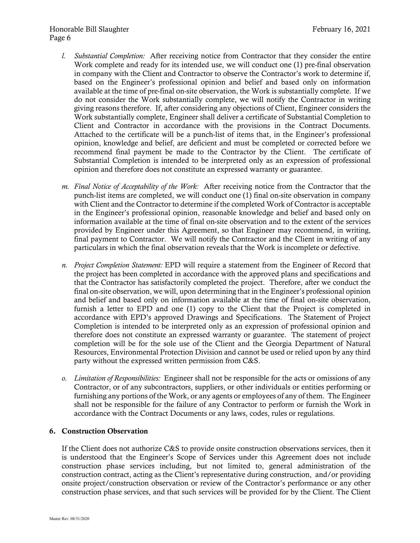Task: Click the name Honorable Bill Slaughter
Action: click(89, 29)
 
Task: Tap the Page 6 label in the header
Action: click(60, 38)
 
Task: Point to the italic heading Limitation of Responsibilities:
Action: click(117, 378)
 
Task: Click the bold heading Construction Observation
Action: click(105, 431)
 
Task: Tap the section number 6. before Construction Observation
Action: click(52, 431)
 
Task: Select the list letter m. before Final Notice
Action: click(65, 187)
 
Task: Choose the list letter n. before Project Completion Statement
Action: click(64, 265)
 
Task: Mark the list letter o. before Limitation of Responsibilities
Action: click(64, 378)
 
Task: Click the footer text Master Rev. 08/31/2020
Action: click(69, 519)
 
